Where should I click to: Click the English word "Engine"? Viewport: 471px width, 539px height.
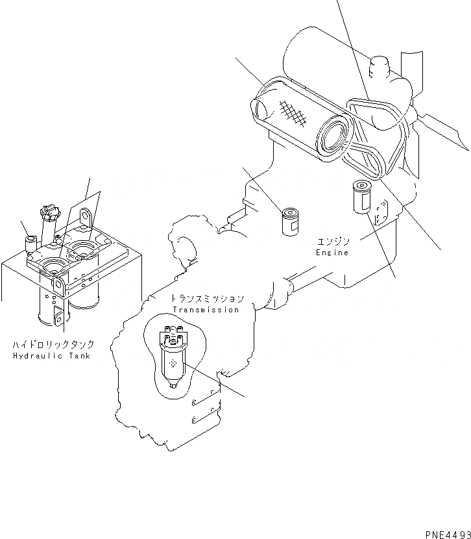332,251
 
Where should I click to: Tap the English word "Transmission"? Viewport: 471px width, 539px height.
207,310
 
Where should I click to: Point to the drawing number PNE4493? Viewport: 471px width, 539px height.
447,534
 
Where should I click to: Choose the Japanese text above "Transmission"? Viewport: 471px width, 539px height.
207,299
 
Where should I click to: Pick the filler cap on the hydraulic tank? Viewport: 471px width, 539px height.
49,213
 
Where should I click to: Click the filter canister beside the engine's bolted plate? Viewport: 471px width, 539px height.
361,197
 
